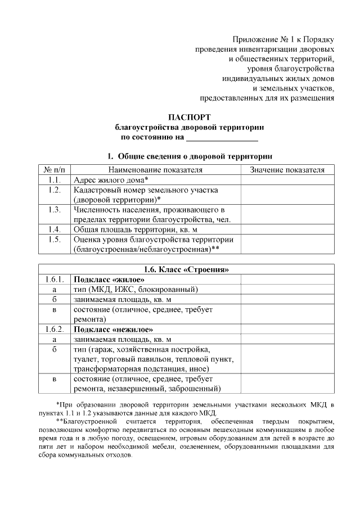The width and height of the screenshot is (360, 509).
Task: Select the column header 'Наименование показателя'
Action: coord(155,169)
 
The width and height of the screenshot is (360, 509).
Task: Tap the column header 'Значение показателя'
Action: coord(287,169)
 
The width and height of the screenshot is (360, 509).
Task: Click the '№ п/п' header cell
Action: coord(55,169)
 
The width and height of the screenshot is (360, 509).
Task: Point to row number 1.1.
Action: coord(55,179)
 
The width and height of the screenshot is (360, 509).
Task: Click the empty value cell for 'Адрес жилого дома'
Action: coord(287,179)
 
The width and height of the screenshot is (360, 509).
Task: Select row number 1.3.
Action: coord(55,210)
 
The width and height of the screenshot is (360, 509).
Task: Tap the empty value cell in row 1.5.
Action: coord(287,244)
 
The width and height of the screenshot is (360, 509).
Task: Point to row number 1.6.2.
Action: coord(55,329)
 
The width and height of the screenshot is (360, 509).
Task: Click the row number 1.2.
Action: coord(55,190)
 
